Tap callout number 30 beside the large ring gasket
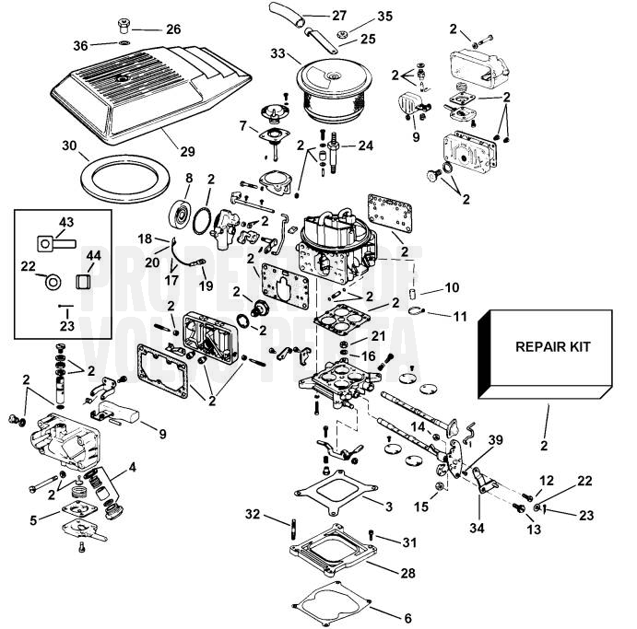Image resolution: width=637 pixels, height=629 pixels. click(69, 145)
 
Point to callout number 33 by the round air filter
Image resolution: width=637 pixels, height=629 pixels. click(277, 54)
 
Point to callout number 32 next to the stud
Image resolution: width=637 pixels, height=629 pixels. click(254, 513)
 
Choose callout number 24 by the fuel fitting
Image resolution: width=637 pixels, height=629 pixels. click(366, 146)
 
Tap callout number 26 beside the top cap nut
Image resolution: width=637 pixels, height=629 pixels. click(173, 29)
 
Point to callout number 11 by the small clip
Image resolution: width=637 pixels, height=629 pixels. click(460, 316)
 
